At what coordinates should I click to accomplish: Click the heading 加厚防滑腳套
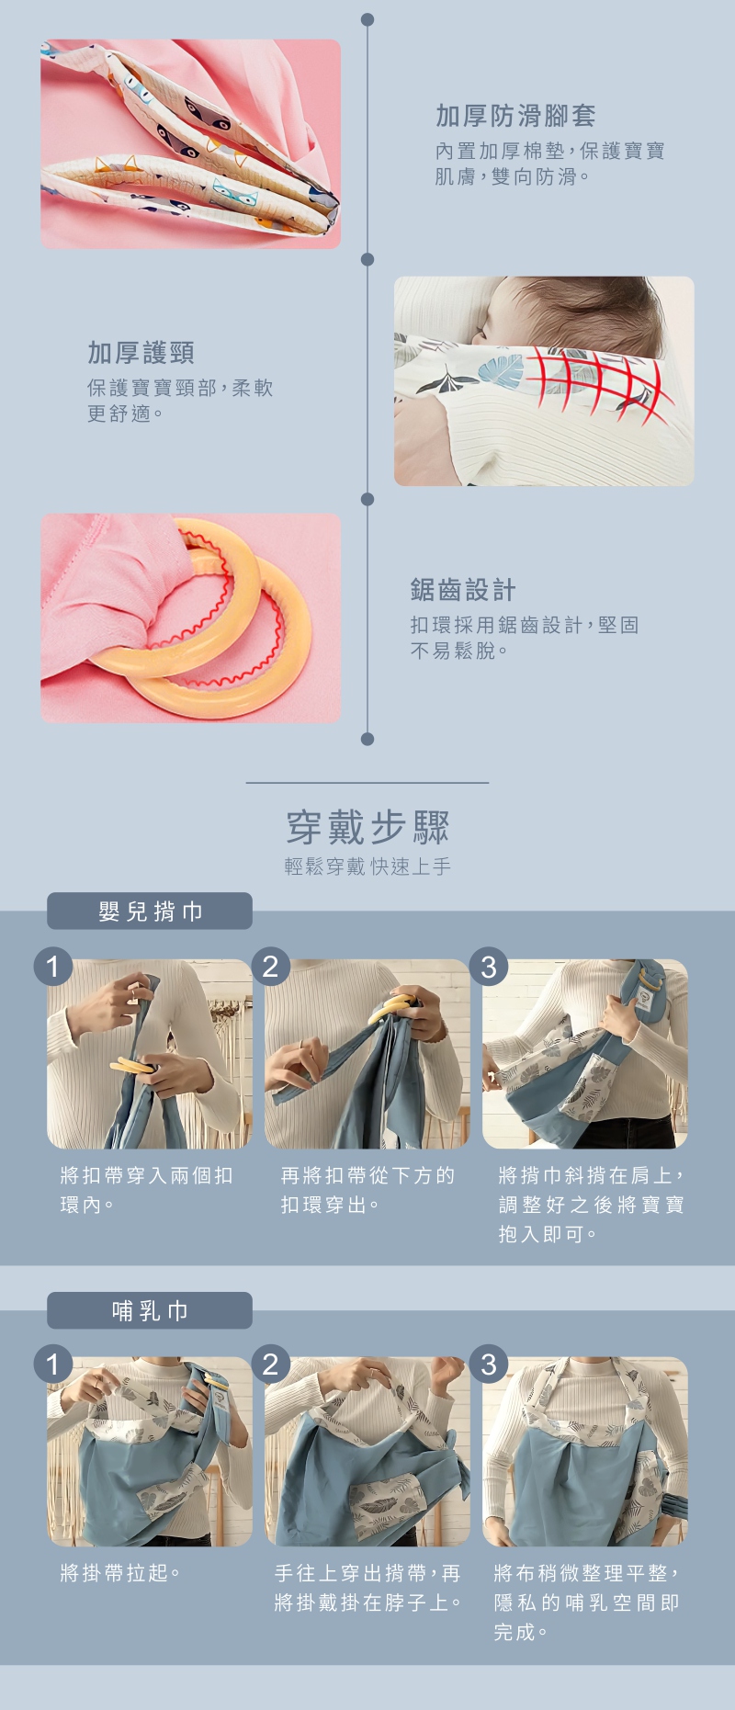coord(515,116)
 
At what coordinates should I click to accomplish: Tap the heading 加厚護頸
coord(141,353)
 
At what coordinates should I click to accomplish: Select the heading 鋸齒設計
coord(463,590)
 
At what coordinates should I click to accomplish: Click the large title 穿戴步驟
coord(367,827)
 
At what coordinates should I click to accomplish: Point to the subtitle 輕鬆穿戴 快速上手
coord(367,866)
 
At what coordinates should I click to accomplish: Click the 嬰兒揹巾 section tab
coord(150,911)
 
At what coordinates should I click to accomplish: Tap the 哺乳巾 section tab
coord(150,1310)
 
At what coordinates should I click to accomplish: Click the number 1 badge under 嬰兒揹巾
coord(52,967)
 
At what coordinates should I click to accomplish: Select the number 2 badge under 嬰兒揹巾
coord(270,967)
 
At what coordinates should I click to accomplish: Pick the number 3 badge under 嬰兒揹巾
coord(488,967)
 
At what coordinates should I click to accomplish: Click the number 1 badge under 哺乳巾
coord(52,1365)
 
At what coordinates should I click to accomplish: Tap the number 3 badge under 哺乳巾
coord(488,1365)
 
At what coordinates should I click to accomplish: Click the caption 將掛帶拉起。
coord(120,1573)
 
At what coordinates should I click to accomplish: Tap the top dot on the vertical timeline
coord(367,19)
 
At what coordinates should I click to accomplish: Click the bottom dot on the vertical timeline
coord(367,739)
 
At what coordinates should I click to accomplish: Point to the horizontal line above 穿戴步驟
coord(367,783)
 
